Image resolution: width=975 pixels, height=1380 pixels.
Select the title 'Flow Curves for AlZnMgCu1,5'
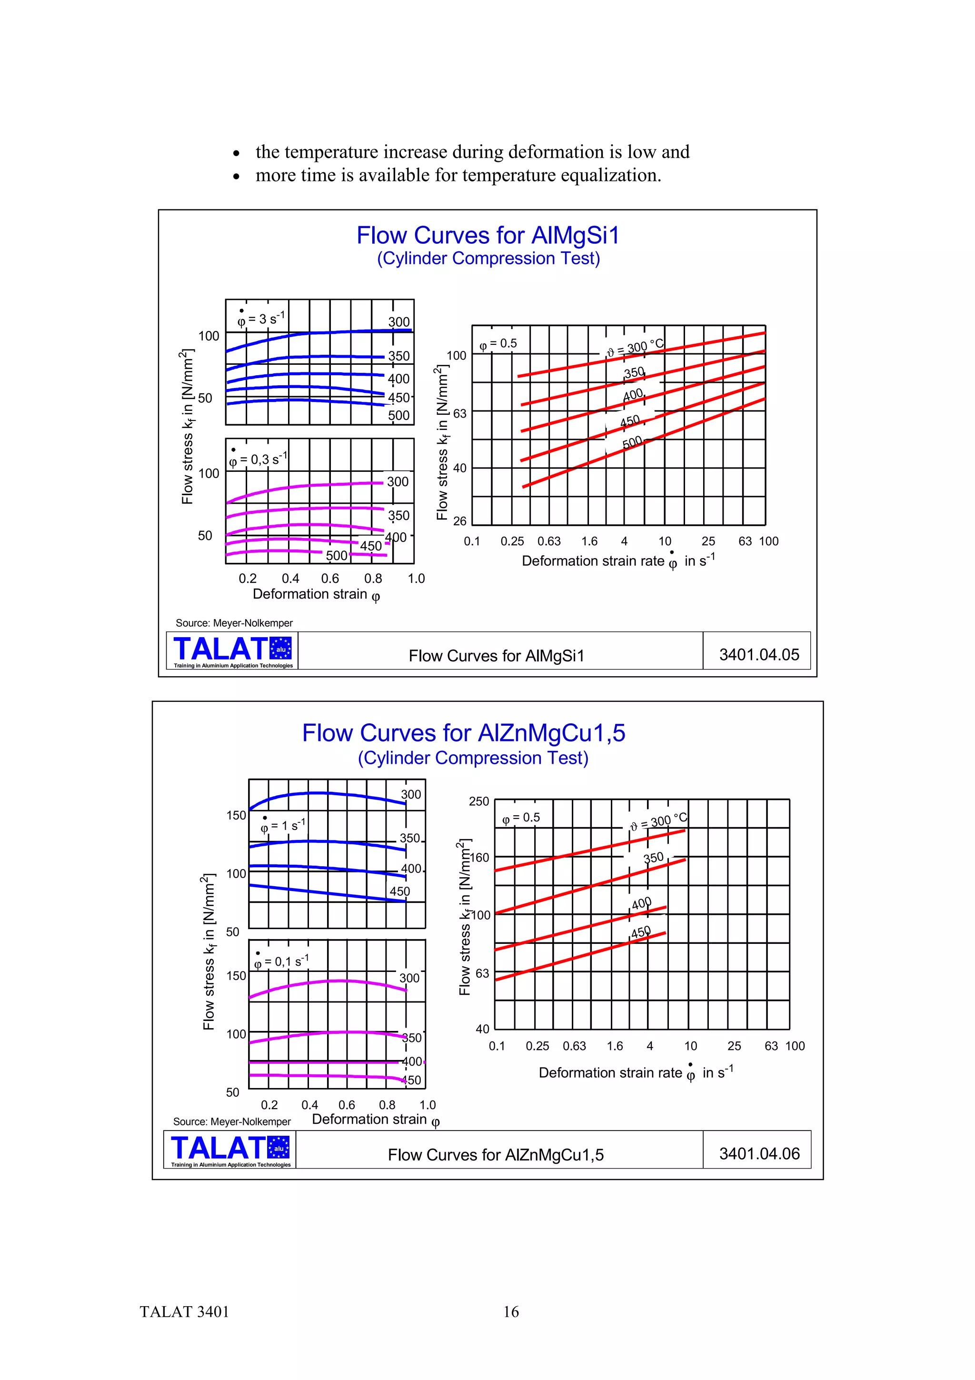pyautogui.click(x=463, y=733)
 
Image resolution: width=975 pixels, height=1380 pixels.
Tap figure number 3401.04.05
pyautogui.click(x=759, y=655)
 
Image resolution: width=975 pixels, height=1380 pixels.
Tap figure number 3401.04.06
pyautogui.click(x=759, y=1153)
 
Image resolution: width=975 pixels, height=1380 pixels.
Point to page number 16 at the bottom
pyautogui.click(x=511, y=1311)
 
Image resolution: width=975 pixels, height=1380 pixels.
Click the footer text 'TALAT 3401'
pyautogui.click(x=184, y=1311)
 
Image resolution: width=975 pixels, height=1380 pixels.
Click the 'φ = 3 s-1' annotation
pyautogui.click(x=261, y=319)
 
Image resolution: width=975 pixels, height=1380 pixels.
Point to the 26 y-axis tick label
pyautogui.click(x=459, y=521)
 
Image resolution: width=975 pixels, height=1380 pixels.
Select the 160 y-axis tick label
pyautogui.click(x=479, y=857)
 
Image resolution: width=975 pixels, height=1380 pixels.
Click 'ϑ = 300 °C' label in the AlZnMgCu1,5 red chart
pyautogui.click(x=658, y=821)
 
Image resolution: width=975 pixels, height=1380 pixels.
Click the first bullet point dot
pyautogui.click(x=237, y=153)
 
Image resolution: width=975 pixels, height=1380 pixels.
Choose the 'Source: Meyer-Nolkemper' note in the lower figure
pyautogui.click(x=231, y=1121)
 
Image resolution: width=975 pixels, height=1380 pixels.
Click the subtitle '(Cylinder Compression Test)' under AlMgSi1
pyautogui.click(x=488, y=259)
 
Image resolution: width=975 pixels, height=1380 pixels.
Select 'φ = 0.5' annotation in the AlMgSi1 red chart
pyautogui.click(x=498, y=343)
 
